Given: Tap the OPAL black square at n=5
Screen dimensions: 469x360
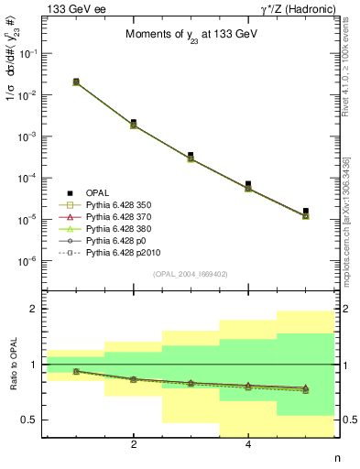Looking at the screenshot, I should point(305,211).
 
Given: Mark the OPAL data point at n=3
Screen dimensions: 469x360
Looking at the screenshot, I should point(191,156).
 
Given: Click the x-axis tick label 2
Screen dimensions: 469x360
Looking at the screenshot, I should point(134,445).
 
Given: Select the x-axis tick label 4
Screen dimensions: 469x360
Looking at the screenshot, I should point(248,445).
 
